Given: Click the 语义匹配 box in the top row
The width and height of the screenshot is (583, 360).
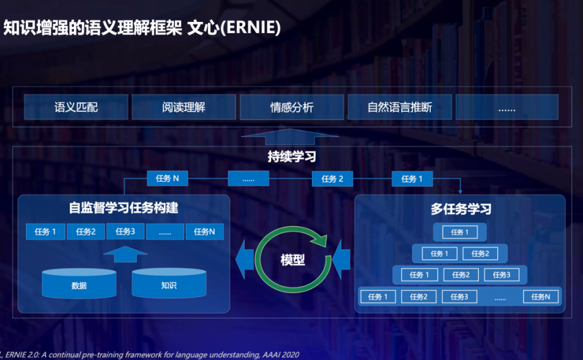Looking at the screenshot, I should tap(76, 108).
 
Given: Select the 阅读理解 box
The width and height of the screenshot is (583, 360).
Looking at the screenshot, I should tap(184, 108).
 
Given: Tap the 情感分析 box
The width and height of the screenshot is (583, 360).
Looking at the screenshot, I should tap(291, 108).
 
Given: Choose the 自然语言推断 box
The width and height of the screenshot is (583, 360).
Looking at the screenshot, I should tap(400, 108).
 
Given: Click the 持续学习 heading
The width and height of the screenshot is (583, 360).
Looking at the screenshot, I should tap(291, 158).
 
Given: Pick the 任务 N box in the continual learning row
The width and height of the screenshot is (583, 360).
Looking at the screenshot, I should tap(167, 179).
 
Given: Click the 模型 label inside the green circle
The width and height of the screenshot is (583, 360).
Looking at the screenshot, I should tap(293, 260).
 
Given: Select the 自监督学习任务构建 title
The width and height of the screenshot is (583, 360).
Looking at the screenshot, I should tap(123, 208).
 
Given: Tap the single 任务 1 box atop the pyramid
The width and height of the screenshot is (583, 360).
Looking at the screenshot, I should tap(460, 232).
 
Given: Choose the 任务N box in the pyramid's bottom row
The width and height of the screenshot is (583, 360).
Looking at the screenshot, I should tap(540, 297).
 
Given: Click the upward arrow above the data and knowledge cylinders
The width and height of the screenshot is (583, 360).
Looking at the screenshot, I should tap(126, 254).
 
